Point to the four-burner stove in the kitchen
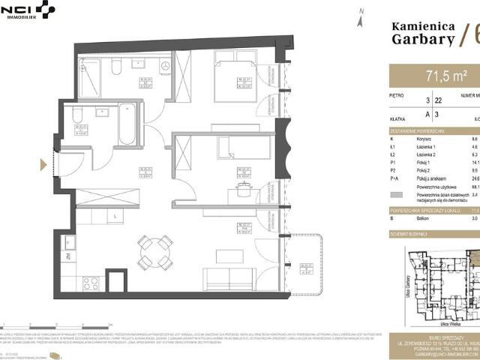[x=91, y=283]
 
